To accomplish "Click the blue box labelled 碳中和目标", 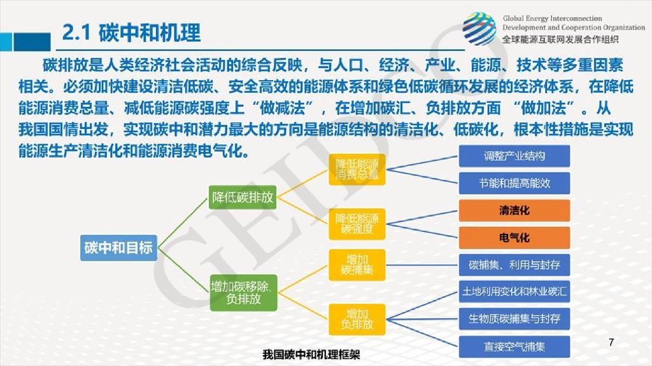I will pos(118,248).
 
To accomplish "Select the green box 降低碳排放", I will pos(243,197).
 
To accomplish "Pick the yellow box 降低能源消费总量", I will pos(357,170).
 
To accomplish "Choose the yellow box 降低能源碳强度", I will pos(357,222).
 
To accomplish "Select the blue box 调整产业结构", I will pos(514,156).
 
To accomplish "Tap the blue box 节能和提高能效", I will pos(514,183).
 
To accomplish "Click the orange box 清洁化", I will pos(514,210).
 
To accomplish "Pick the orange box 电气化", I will pos(514,238).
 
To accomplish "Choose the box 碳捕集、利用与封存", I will pos(514,264).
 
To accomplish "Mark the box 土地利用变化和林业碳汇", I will pos(514,292).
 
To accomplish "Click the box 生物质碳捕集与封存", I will pos(514,319).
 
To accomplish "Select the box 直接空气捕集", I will pos(514,346).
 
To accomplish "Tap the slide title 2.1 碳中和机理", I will pos(132,32).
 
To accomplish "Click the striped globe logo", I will pos(479,29).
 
